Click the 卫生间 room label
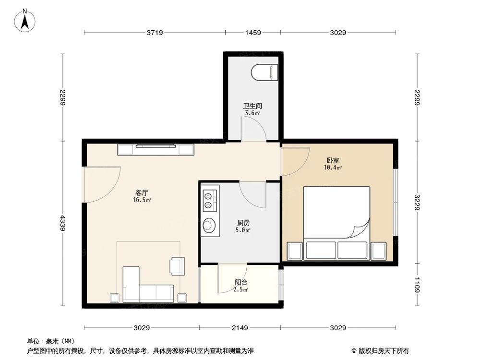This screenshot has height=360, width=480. [252, 106]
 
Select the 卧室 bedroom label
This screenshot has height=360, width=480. [333, 161]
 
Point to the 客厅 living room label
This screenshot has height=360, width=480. [142, 192]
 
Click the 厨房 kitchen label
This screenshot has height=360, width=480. [243, 223]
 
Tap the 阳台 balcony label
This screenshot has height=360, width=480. [241, 283]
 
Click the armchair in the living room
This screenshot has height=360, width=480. [177, 266]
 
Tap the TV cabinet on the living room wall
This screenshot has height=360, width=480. [156, 150]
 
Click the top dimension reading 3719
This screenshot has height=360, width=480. [155, 33]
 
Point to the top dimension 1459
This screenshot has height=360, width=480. [253, 33]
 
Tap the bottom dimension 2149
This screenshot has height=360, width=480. [240, 328]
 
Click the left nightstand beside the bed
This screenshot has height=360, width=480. [294, 251]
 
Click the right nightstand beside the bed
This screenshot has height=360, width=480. [379, 251]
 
